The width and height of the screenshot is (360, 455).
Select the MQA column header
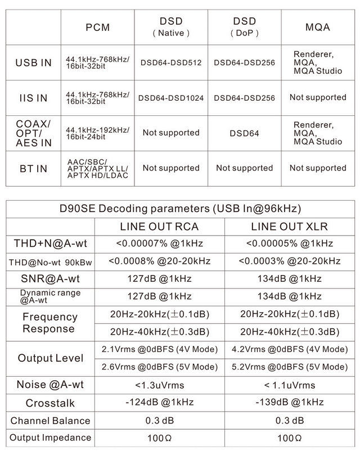point(317,26)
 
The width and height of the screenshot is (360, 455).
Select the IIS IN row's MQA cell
point(317,97)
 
